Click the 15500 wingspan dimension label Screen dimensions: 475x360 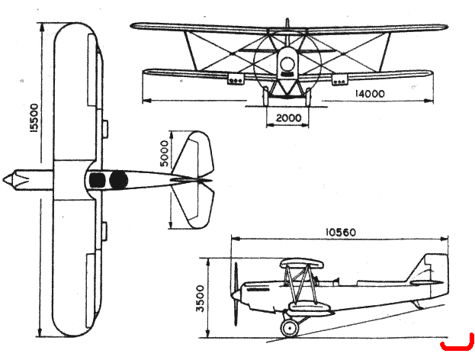coord(34,118)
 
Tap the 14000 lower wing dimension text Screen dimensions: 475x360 coord(369,94)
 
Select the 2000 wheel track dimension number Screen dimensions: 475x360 coord(289,117)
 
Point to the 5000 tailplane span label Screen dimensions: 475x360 coord(164,153)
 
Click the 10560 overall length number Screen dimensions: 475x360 coord(341,233)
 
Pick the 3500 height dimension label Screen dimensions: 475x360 coord(201,298)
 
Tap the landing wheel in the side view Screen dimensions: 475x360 coord(290,327)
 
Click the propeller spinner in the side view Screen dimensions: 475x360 coord(235,294)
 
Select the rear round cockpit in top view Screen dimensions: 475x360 coord(118,180)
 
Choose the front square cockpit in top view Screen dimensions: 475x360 coord(98,180)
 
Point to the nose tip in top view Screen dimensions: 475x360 coord(4,180)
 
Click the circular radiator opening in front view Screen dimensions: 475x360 coord(287,64)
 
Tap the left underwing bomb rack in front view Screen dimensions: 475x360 coord(236,79)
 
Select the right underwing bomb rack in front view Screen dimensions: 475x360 coord(340,79)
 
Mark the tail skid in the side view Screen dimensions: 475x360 coord(418,304)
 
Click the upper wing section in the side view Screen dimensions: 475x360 coord(302,264)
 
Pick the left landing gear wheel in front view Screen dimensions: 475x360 coord(265,96)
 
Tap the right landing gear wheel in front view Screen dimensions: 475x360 coord(308,97)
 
